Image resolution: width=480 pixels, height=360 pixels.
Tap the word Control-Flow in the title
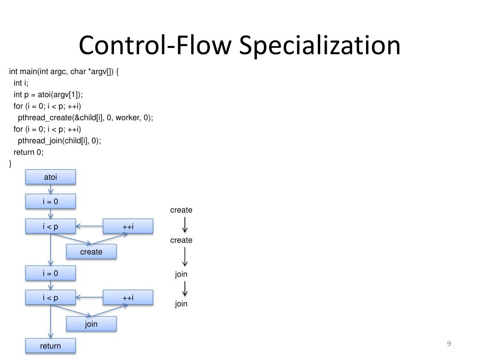pyautogui.click(x=155, y=46)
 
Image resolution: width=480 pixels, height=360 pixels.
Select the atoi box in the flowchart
pyautogui.click(x=50, y=177)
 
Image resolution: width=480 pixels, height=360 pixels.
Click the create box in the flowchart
pyautogui.click(x=91, y=252)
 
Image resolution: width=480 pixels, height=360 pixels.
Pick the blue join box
pyautogui.click(x=91, y=324)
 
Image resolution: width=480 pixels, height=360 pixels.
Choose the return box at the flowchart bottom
pyautogui.click(x=50, y=346)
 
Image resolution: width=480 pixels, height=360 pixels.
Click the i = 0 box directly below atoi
pyautogui.click(x=50, y=202)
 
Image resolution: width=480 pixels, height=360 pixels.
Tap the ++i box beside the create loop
pyautogui.click(x=128, y=226)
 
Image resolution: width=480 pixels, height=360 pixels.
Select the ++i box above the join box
pyautogui.click(x=128, y=298)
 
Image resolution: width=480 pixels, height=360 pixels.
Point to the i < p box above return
pyautogui.click(x=50, y=298)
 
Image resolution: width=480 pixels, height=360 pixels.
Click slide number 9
pyautogui.click(x=449, y=344)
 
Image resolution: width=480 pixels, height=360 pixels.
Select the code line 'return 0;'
pyautogui.click(x=29, y=152)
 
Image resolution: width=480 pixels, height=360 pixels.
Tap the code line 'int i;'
pyautogui.click(x=21, y=83)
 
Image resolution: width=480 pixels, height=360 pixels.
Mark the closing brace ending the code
pyautogui.click(x=10, y=163)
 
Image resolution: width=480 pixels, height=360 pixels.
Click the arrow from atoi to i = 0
pyautogui.click(x=50, y=189)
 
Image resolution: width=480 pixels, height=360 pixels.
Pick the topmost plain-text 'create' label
pyautogui.click(x=181, y=210)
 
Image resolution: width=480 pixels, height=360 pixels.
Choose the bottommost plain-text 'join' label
pyautogui.click(x=181, y=304)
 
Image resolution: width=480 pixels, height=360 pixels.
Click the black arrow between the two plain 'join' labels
pyautogui.click(x=185, y=288)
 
